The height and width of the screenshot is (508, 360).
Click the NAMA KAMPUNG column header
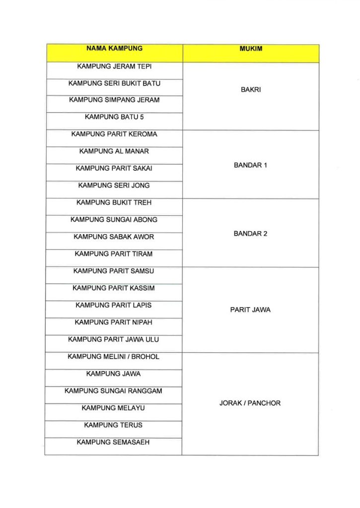click(x=114, y=49)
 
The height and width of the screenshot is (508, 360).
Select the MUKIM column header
click(x=250, y=49)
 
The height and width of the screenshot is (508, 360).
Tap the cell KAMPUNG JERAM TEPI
click(x=114, y=66)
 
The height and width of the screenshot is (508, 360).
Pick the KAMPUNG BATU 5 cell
click(x=114, y=117)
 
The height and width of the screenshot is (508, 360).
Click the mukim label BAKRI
click(x=250, y=90)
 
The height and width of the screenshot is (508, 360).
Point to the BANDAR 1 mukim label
click(x=250, y=165)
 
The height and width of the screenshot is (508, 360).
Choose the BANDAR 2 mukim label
click(x=250, y=234)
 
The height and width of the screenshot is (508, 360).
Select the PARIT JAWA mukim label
click(x=250, y=310)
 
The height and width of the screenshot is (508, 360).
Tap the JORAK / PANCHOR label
click(x=250, y=403)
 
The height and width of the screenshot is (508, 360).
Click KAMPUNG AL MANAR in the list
click(x=114, y=151)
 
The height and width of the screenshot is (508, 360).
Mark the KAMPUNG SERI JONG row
click(x=114, y=186)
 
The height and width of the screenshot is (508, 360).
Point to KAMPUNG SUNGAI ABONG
click(x=114, y=220)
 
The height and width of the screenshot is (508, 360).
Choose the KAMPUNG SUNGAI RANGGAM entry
click(x=114, y=391)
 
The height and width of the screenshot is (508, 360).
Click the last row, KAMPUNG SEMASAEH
click(x=113, y=442)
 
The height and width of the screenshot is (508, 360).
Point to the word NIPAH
click(x=142, y=322)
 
